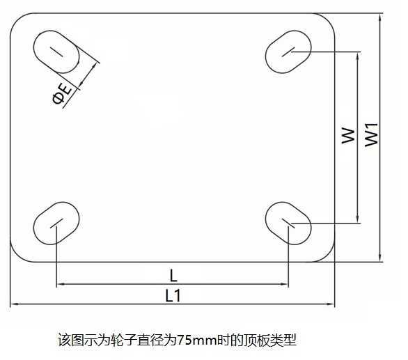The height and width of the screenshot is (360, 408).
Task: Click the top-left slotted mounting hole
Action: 56,52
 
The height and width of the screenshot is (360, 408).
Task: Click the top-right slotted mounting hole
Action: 288,52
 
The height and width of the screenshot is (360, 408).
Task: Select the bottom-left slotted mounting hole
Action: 56,223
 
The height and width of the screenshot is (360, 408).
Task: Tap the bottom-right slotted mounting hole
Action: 288,223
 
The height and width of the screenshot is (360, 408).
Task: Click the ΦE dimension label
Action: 62,94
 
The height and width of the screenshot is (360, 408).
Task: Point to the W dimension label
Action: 348,135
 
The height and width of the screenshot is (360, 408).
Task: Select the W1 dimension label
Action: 371,134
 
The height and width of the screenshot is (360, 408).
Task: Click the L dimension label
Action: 173,276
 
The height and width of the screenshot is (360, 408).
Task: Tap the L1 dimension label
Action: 173,296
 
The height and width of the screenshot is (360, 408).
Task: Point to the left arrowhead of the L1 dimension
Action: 14,304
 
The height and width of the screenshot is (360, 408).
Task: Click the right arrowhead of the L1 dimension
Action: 331,304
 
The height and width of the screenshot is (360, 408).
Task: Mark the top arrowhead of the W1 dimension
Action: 380,17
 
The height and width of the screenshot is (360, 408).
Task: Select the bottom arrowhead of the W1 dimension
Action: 380,258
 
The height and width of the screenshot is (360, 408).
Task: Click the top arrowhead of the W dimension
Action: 358,56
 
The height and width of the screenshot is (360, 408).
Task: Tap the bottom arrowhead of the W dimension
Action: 358,219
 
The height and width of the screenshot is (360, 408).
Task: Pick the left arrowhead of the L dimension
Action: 61,284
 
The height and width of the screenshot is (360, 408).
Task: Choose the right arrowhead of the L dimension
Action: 284,284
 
